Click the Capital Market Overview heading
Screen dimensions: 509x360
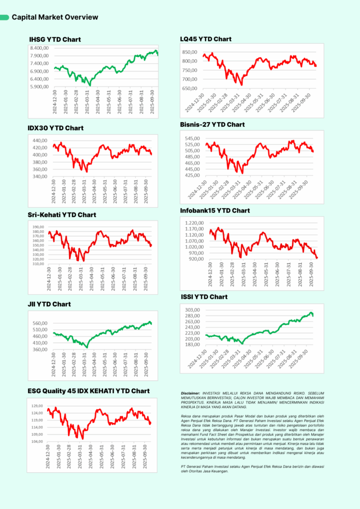[x=55, y=17]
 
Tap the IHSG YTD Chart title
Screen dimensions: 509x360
[x=55, y=39]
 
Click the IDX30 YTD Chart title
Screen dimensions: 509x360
[x=55, y=128]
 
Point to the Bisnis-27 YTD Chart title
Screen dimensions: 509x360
[x=212, y=124]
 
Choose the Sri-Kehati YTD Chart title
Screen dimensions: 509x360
[x=62, y=215]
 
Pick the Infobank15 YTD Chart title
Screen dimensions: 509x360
[x=215, y=211]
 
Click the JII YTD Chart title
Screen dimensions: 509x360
[x=49, y=304]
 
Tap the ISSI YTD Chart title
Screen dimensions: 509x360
[x=203, y=297]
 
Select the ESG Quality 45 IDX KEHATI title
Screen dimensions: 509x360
[x=89, y=391]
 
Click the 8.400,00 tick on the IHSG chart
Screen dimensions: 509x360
[x=39, y=48]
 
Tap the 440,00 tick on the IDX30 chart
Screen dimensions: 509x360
[x=38, y=141]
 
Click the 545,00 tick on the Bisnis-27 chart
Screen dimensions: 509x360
[x=192, y=139]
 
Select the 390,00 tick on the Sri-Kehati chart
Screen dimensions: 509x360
[x=37, y=227]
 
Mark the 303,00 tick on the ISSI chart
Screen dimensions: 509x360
[x=192, y=310]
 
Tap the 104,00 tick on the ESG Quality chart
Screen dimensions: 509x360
[x=38, y=442]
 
